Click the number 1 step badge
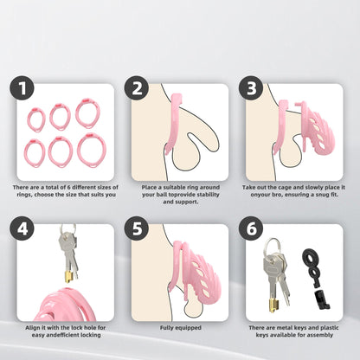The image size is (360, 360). tap(22, 88)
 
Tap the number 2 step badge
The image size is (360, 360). tap(137, 88)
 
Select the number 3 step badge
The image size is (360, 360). tap(251, 88)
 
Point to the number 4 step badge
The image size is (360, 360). tap(22, 228)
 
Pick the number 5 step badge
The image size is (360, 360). tap(137, 228)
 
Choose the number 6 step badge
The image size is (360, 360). tap(251, 228)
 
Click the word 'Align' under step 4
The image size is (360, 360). tap(32, 328)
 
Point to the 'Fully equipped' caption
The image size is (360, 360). tap(181, 328)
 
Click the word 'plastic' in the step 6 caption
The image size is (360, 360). tap(329, 328)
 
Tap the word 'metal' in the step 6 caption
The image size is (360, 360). tap(285, 328)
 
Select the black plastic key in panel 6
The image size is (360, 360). tap(315, 277)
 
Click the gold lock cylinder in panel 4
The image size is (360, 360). tap(69, 277)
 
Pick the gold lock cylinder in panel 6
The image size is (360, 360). tap(274, 305)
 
